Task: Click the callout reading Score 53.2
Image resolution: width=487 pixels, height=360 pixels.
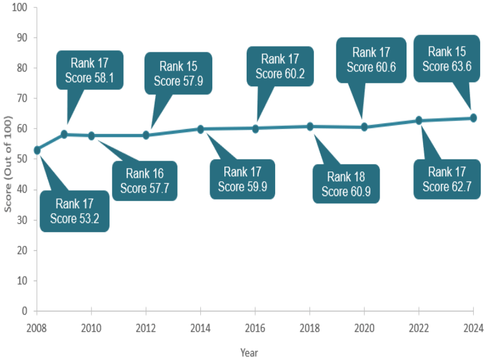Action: click(x=75, y=210)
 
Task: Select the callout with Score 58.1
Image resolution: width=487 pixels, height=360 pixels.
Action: click(x=89, y=70)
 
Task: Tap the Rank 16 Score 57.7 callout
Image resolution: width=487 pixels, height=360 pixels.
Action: click(x=144, y=181)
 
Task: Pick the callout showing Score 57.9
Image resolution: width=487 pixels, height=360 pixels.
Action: click(x=178, y=73)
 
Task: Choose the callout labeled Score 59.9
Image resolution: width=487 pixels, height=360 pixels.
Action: click(x=242, y=179)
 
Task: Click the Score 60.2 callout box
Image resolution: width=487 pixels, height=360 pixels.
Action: click(x=280, y=66)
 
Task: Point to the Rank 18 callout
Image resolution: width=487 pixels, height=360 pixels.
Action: click(x=346, y=183)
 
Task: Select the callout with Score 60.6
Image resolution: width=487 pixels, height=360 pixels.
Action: click(x=371, y=59)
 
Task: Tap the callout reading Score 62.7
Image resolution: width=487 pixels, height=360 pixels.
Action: click(x=447, y=179)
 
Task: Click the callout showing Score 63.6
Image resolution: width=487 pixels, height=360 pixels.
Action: click(x=446, y=58)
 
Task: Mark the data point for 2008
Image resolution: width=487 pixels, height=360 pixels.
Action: click(x=37, y=150)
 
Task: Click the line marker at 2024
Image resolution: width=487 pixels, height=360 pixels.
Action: click(x=473, y=118)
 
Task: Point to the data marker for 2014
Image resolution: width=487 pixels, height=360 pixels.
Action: click(x=200, y=129)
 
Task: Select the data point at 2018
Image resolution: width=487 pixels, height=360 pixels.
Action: click(x=309, y=126)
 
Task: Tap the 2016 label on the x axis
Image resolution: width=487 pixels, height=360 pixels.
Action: click(x=255, y=328)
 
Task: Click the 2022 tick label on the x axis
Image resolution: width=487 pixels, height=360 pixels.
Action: click(x=418, y=328)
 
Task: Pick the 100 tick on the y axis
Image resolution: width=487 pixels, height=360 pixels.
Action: click(x=21, y=7)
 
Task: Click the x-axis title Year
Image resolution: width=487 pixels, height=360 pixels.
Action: click(x=249, y=353)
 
